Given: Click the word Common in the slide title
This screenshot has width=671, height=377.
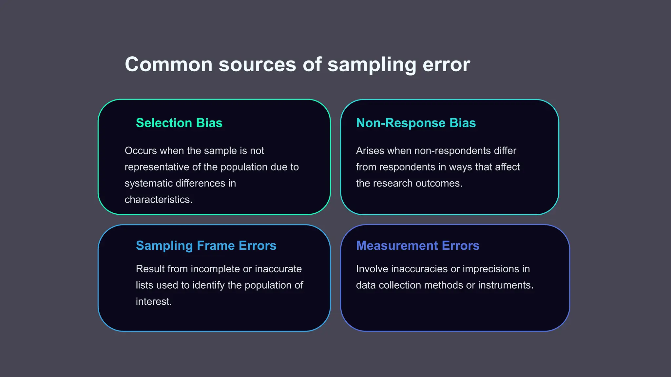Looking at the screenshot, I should [169, 64].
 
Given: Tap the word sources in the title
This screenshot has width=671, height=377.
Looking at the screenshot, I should [257, 64].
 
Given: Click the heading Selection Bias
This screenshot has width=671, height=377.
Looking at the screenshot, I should [179, 123].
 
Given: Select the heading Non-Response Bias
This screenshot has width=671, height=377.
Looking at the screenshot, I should [416, 123].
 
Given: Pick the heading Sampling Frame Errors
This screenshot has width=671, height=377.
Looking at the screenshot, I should [206, 246].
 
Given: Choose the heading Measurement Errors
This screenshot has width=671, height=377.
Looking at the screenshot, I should [417, 246].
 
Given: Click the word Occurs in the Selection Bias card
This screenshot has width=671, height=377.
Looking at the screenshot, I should [141, 151].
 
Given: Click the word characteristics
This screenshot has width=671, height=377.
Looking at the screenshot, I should [158, 200].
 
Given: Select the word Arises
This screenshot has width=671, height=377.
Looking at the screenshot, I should [370, 151].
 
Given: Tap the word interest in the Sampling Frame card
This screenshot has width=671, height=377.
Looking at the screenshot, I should [153, 302].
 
